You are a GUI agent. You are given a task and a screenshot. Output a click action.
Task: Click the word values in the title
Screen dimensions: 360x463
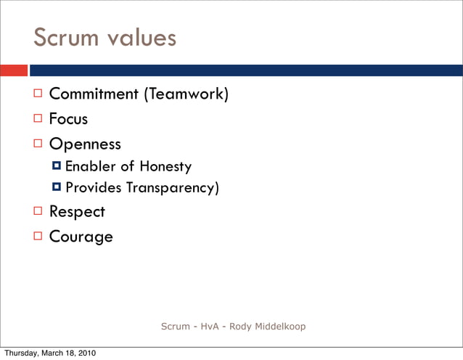[x=139, y=37]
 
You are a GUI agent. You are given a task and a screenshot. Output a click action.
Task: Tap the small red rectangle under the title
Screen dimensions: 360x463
[x=14, y=70]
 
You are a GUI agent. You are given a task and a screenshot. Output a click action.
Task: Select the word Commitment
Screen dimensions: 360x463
[x=94, y=94]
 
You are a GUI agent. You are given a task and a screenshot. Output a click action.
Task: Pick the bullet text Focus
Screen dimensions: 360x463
[x=68, y=118]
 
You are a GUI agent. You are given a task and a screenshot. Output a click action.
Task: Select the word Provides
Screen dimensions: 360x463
[x=94, y=188]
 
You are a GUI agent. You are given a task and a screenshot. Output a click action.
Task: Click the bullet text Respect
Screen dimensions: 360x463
[x=77, y=212]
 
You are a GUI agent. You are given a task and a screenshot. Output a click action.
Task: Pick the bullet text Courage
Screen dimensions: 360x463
[x=81, y=237]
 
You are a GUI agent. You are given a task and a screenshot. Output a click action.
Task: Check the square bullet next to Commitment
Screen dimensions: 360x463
[x=38, y=94]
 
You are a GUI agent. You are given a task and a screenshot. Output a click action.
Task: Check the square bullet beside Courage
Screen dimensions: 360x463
[x=38, y=236]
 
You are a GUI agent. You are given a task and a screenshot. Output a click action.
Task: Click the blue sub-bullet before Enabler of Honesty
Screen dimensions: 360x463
[x=57, y=167]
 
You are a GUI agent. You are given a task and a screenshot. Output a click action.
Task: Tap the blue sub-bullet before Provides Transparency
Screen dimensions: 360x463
[x=57, y=188]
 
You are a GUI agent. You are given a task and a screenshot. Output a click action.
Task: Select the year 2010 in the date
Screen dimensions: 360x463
[x=83, y=353]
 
